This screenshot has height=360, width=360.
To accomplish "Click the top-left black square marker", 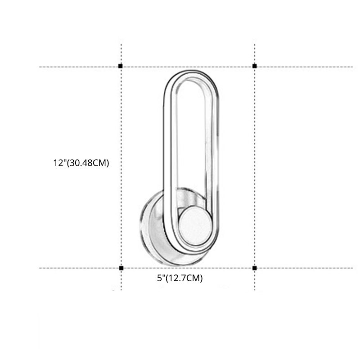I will (121, 67).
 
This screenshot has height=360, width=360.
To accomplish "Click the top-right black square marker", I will (255, 67).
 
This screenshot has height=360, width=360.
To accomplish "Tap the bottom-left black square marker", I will (121, 268).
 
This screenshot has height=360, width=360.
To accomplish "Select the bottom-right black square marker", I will (255, 268).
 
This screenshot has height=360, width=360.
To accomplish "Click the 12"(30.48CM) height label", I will (81, 163).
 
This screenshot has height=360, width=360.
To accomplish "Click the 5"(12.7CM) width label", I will (180, 279).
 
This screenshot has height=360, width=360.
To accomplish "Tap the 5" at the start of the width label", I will (161, 279).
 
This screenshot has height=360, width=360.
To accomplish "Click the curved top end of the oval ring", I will (191, 74).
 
